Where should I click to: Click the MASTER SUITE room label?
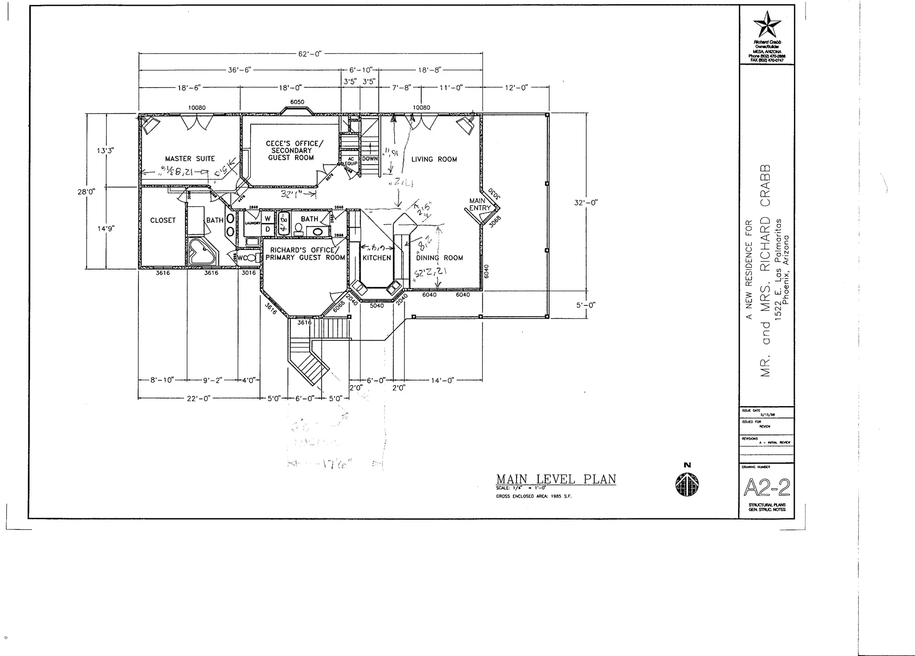(x=190, y=159)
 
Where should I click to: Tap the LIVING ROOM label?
(x=434, y=159)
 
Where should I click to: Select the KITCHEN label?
(x=377, y=258)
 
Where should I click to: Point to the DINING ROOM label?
(x=439, y=258)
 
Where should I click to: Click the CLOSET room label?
(x=163, y=220)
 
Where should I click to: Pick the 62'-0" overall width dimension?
(x=310, y=54)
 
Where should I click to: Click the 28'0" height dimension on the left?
(x=87, y=191)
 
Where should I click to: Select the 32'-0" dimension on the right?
(x=586, y=203)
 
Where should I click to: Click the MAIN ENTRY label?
(x=479, y=204)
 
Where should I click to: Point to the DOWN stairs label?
(x=370, y=159)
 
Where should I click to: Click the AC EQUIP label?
(x=351, y=161)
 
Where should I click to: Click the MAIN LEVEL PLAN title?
(x=556, y=479)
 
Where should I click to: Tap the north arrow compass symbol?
(x=687, y=483)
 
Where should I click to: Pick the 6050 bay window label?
(x=297, y=102)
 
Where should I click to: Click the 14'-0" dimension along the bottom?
(x=442, y=381)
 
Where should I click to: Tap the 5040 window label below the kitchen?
(x=377, y=306)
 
